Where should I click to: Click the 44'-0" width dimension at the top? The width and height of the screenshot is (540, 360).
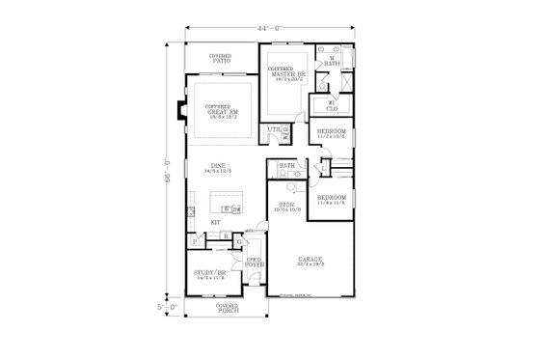pos(269,29)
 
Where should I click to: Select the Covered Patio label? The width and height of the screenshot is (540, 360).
pos(220,60)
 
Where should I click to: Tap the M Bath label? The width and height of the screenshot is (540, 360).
pos(332,62)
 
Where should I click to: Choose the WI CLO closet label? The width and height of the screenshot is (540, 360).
pos(331,107)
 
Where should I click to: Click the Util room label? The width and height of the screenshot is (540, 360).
pos(273,130)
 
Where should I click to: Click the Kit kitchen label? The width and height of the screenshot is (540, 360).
pos(216,223)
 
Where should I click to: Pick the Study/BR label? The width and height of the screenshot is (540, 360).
pos(209,275)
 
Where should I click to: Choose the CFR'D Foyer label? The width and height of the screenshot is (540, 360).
pos(255,262)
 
